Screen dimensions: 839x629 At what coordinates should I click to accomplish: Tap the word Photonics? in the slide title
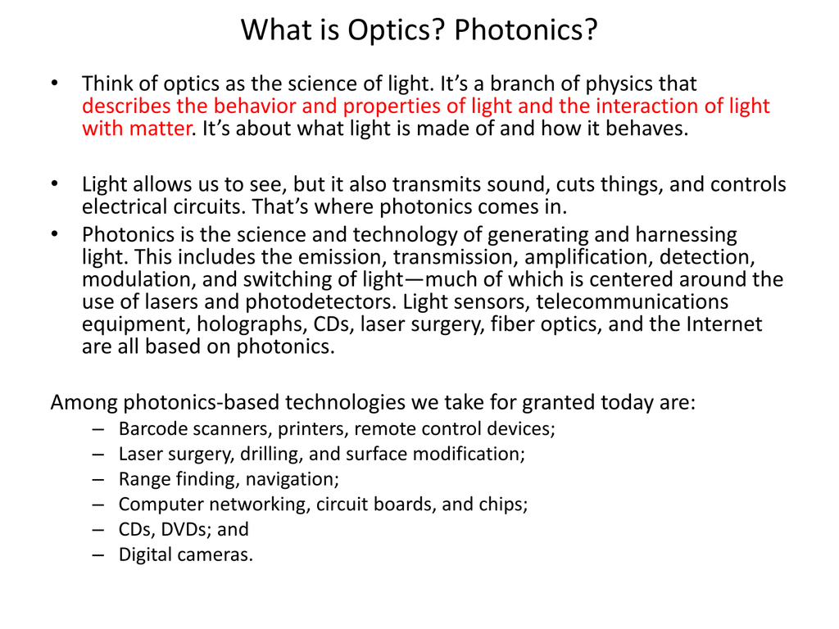[525, 30]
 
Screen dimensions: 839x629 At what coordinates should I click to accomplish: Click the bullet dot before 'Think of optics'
[54, 83]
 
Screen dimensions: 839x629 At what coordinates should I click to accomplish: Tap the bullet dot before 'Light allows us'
[54, 183]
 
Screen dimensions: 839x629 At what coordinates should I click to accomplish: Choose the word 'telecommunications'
[632, 302]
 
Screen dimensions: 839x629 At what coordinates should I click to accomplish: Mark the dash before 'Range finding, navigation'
[98, 479]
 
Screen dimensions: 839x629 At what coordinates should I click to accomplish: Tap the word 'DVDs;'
[186, 530]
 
